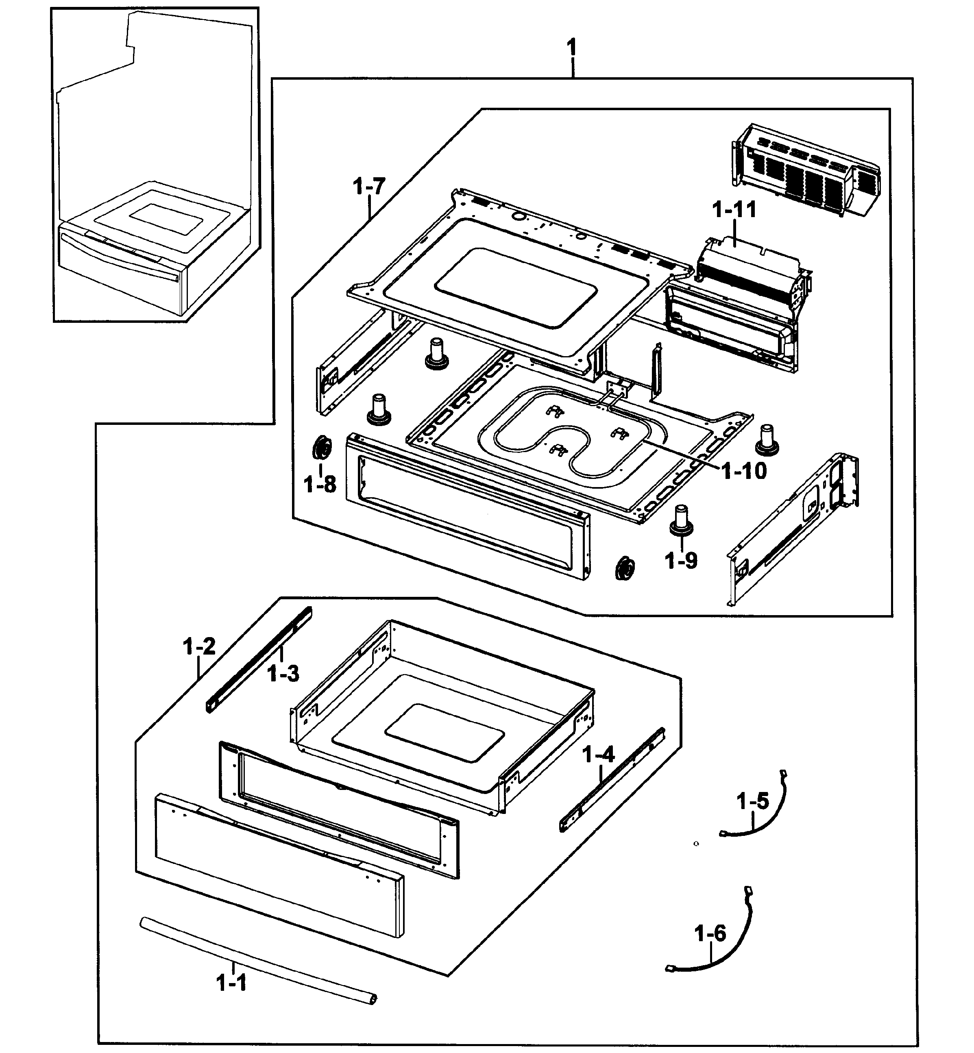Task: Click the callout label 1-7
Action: point(369,187)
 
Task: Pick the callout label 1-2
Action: point(199,646)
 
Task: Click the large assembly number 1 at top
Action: point(571,48)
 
